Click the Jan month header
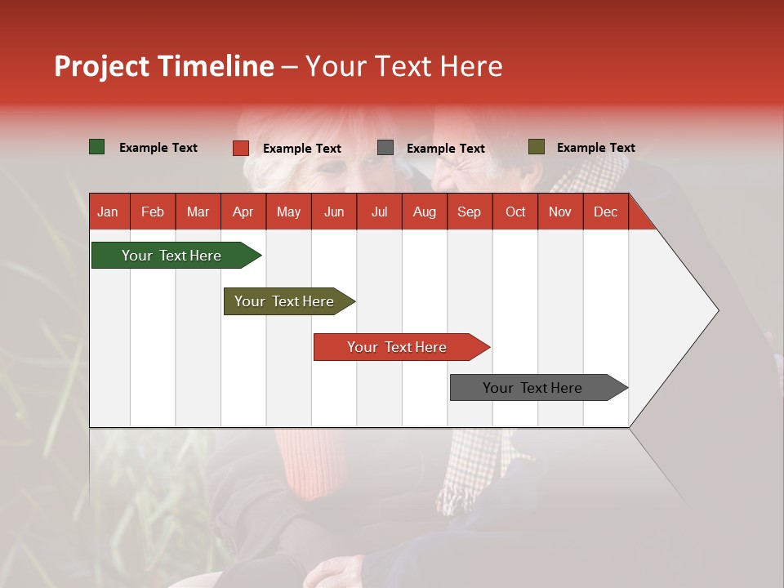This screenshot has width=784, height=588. click(108, 212)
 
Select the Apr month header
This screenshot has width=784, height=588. click(243, 212)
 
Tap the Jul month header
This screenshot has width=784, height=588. click(379, 212)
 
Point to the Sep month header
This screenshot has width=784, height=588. click(469, 212)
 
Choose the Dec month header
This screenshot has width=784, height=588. click(605, 212)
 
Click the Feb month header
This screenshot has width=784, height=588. click(153, 212)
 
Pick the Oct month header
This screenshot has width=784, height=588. click(515, 212)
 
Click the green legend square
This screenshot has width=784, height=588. click(97, 147)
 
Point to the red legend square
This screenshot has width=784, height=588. click(241, 148)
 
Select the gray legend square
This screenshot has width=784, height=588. click(385, 148)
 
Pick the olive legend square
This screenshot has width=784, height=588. click(537, 147)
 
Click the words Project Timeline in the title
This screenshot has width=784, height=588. click(164, 66)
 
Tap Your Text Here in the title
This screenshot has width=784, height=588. click(404, 66)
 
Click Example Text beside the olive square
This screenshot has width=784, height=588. click(595, 148)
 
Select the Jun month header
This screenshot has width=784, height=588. click(334, 212)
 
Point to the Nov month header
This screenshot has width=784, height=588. click(560, 212)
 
